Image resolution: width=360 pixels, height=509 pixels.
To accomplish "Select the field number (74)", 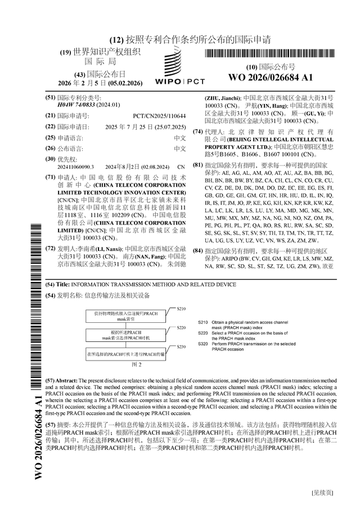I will [198, 132].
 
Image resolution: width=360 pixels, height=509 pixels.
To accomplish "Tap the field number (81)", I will [198, 165].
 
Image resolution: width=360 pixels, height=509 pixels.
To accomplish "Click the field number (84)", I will [198, 250].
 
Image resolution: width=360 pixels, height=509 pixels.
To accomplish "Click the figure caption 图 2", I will [136, 365].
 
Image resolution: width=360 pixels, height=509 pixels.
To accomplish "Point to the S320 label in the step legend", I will [204, 343].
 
